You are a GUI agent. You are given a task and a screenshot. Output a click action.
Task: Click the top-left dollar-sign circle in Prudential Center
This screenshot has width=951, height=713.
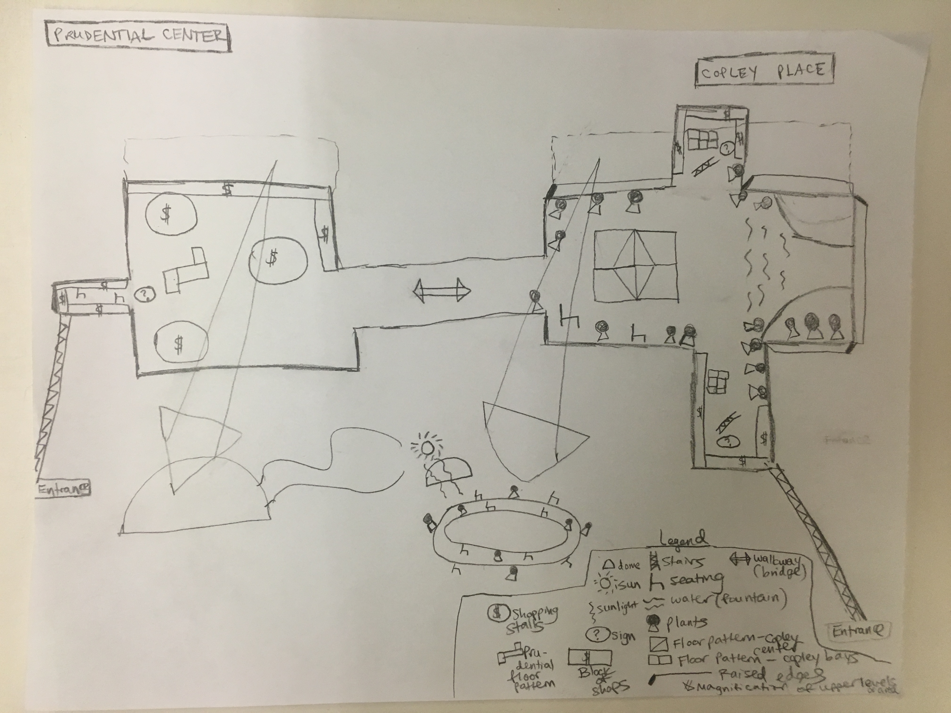point(171,215)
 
